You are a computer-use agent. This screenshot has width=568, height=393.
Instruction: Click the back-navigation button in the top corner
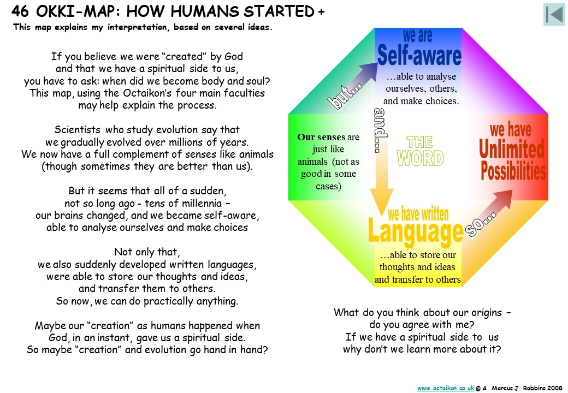[x=554, y=14]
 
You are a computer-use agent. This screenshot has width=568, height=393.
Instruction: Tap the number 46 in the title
[x=20, y=11]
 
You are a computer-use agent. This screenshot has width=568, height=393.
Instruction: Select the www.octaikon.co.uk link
[x=445, y=388]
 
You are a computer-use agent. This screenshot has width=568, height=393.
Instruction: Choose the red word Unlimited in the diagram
[x=512, y=148]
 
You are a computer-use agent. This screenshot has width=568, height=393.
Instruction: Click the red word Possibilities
[x=513, y=171]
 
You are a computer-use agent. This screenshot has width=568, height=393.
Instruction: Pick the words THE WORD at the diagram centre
[x=420, y=151]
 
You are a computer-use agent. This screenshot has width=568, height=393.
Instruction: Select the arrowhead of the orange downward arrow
[x=381, y=202]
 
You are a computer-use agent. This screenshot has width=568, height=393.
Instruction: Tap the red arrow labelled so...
[x=489, y=213]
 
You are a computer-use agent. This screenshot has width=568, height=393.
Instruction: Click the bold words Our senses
[x=321, y=137]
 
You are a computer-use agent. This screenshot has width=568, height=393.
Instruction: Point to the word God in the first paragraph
[x=234, y=56]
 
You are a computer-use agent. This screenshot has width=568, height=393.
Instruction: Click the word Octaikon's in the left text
[x=147, y=93]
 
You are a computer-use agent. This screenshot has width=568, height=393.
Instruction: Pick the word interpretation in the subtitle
[x=138, y=27]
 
